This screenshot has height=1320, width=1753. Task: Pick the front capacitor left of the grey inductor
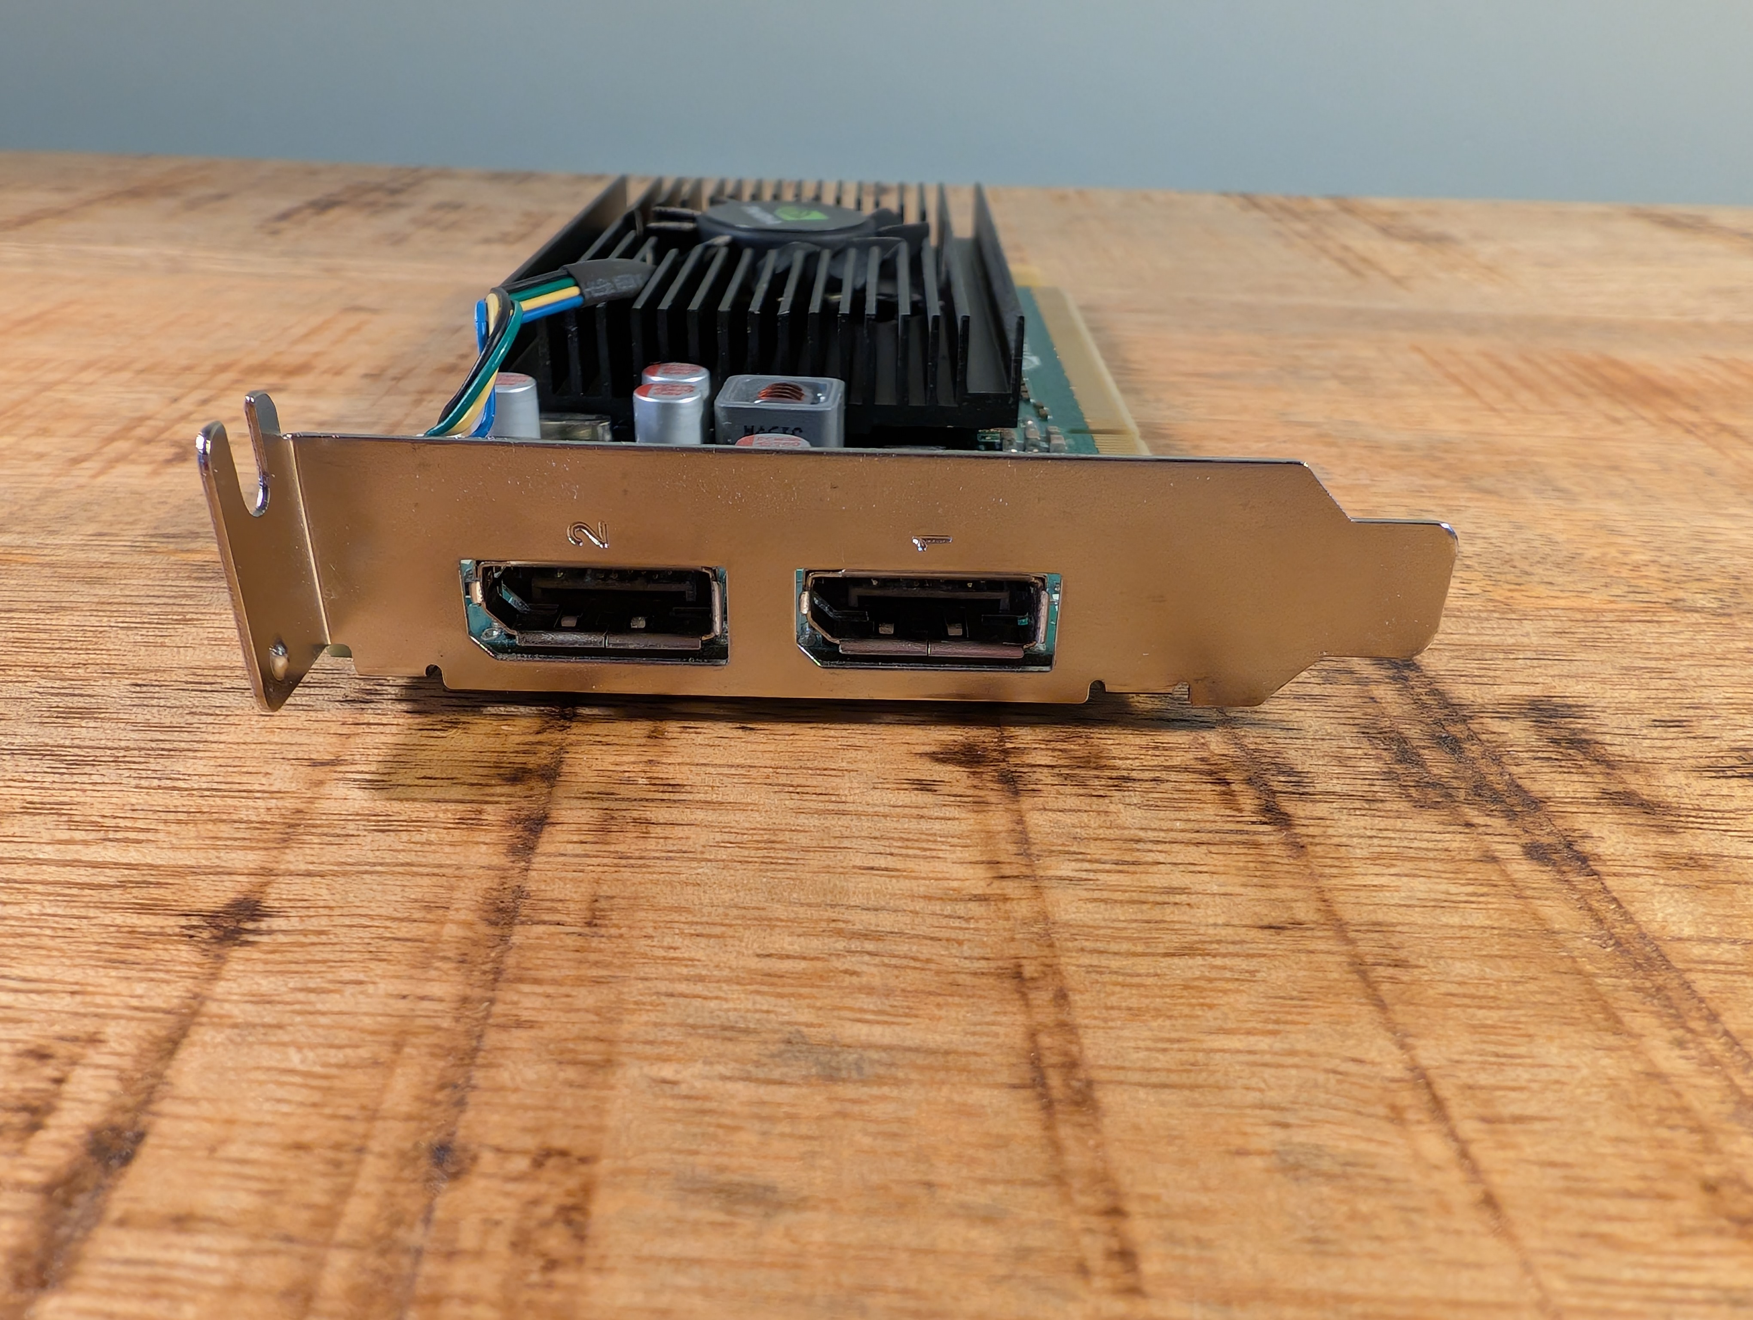coord(668,412)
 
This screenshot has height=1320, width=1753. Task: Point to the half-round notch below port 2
coord(432,672)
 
